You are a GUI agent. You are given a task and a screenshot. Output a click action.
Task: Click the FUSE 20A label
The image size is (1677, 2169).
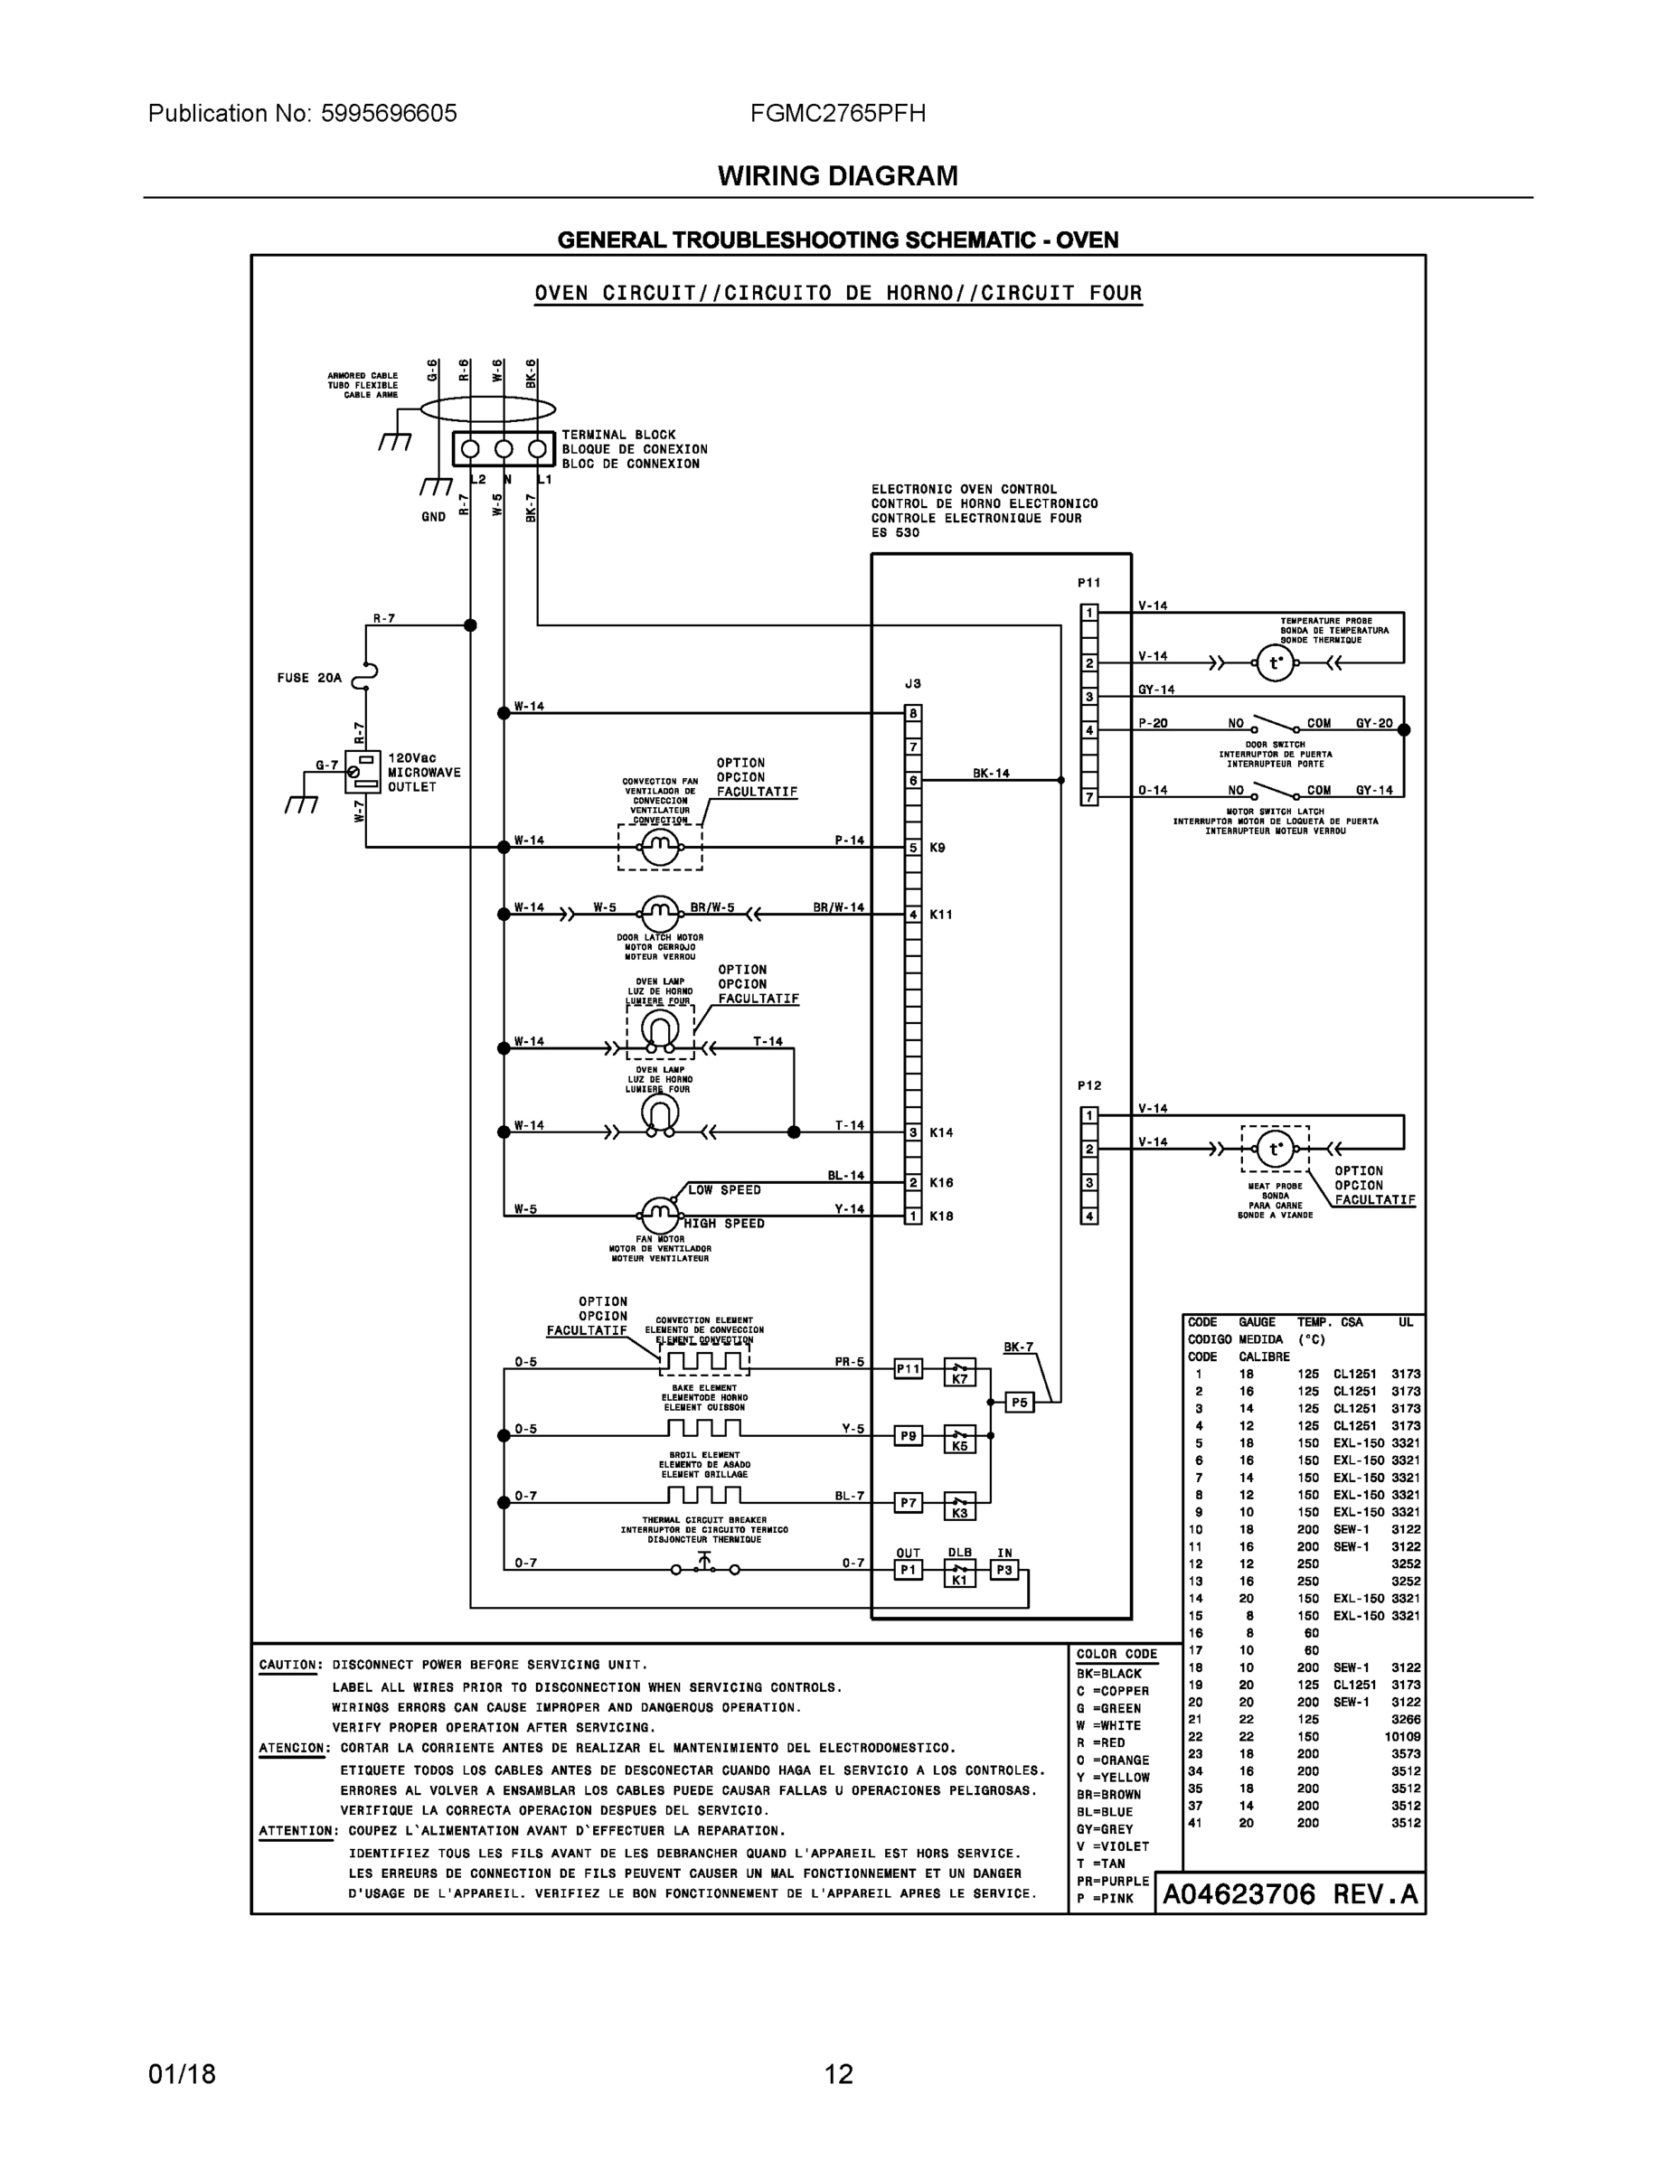click(x=309, y=679)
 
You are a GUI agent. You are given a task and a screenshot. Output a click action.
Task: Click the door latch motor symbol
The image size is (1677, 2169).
click(x=660, y=914)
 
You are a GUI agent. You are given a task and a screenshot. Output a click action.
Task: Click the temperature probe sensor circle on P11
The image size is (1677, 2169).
click(x=1275, y=662)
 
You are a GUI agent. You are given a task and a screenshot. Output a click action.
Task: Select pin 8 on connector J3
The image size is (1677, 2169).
click(x=913, y=713)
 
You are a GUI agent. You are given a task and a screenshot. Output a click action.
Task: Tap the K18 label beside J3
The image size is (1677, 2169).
click(x=941, y=1216)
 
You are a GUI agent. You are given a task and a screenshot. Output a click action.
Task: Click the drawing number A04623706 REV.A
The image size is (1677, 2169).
click(x=1289, y=1894)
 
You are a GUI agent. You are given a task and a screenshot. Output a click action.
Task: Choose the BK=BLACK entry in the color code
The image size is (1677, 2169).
click(x=1108, y=1674)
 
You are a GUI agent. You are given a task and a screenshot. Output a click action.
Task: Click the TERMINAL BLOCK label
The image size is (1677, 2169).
click(x=618, y=435)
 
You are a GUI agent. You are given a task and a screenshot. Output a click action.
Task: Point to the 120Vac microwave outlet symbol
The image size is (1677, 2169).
click(x=362, y=772)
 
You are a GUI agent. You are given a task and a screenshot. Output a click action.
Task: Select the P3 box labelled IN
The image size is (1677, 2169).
click(x=1004, y=1570)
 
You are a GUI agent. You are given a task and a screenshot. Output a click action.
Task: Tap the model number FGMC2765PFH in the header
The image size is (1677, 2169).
click(x=837, y=113)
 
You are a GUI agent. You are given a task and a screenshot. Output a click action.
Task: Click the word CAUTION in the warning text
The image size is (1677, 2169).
click(x=290, y=1665)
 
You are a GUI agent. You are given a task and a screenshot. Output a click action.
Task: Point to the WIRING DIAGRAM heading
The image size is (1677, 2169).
click(x=837, y=176)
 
